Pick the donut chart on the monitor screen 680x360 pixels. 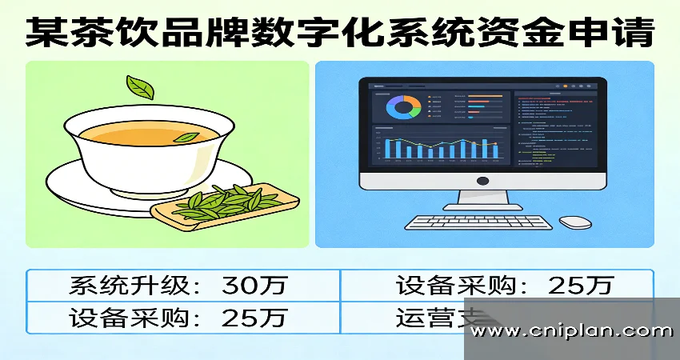point(403,107)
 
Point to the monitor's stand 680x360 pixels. point(478,200)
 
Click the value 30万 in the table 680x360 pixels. point(256,285)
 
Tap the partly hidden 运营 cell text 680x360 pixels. point(424,318)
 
